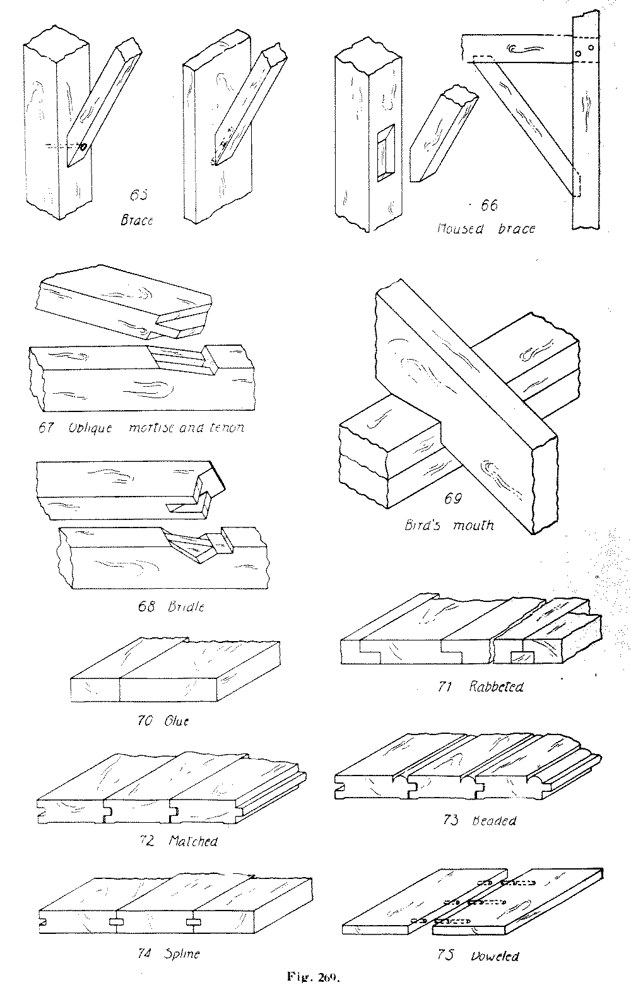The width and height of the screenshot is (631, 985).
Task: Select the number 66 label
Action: [x=489, y=205]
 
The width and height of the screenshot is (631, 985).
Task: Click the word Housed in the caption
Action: [x=460, y=228]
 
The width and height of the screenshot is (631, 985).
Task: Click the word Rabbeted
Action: [x=496, y=687]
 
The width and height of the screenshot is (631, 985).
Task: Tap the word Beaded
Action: [x=494, y=821]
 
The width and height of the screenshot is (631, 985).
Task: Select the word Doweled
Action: [x=495, y=956]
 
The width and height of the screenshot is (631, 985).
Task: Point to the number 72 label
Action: [x=148, y=840]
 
